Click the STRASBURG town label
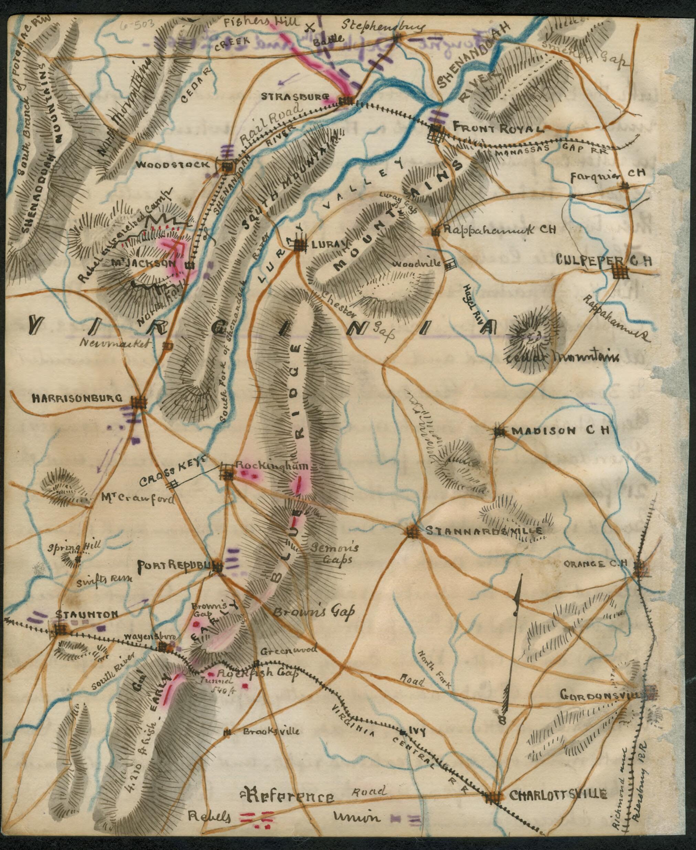click(x=295, y=97)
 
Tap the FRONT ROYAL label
click(x=498, y=129)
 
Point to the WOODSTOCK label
click(x=172, y=165)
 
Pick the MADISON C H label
click(x=560, y=431)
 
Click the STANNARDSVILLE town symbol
click(x=412, y=532)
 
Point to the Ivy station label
click(x=417, y=730)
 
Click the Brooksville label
click(x=271, y=731)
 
